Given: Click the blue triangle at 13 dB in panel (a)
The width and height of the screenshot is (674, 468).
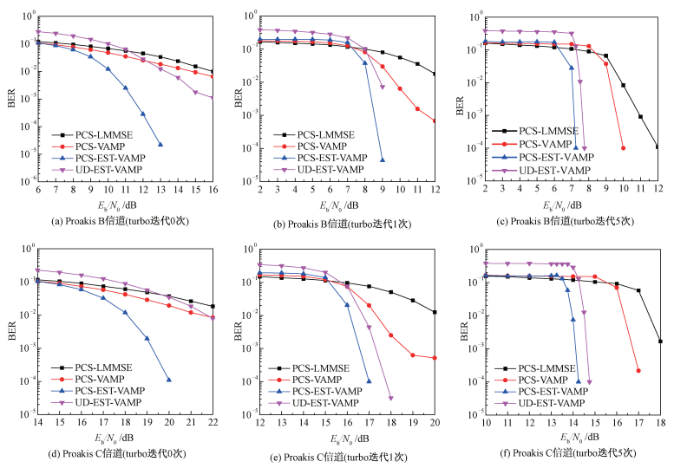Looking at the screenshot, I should coord(160,144).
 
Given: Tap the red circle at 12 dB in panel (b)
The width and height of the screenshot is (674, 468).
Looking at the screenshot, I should coord(435,121).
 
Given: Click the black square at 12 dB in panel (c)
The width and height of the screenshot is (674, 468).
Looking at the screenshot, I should coord(658,147).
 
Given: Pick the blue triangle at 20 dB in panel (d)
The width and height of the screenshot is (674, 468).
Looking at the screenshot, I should coord(168,380).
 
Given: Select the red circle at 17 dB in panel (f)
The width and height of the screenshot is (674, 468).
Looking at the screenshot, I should coord(638,371).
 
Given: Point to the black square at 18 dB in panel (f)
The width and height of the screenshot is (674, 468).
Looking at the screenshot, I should coord(660,341).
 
